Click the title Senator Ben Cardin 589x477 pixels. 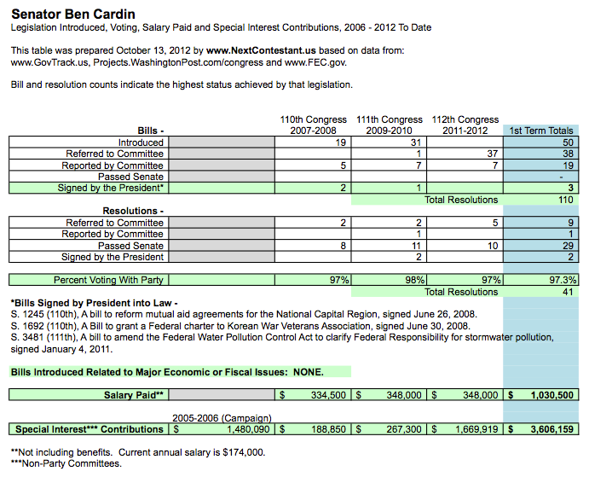pos(73,15)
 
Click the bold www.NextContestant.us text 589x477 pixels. pos(261,50)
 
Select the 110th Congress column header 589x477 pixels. pos(313,125)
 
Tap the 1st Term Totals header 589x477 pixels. pos(541,131)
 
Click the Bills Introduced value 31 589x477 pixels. pos(415,143)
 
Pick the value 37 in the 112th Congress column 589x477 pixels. pos(492,154)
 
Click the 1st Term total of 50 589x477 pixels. pos(568,143)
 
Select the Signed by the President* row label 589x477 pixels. pos(111,188)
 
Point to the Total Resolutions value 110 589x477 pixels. pos(566,200)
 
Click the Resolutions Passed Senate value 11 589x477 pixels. pos(416,246)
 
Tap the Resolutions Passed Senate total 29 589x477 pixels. pos(568,246)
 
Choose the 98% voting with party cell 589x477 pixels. pos(415,280)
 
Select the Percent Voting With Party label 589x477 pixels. pos(108,280)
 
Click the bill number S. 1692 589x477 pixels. pos(25,326)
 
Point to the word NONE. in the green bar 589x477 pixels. pos(309,372)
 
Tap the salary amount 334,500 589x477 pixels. pos(328,395)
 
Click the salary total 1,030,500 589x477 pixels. pos(552,395)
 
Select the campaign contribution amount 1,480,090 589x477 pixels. pos(248,429)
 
